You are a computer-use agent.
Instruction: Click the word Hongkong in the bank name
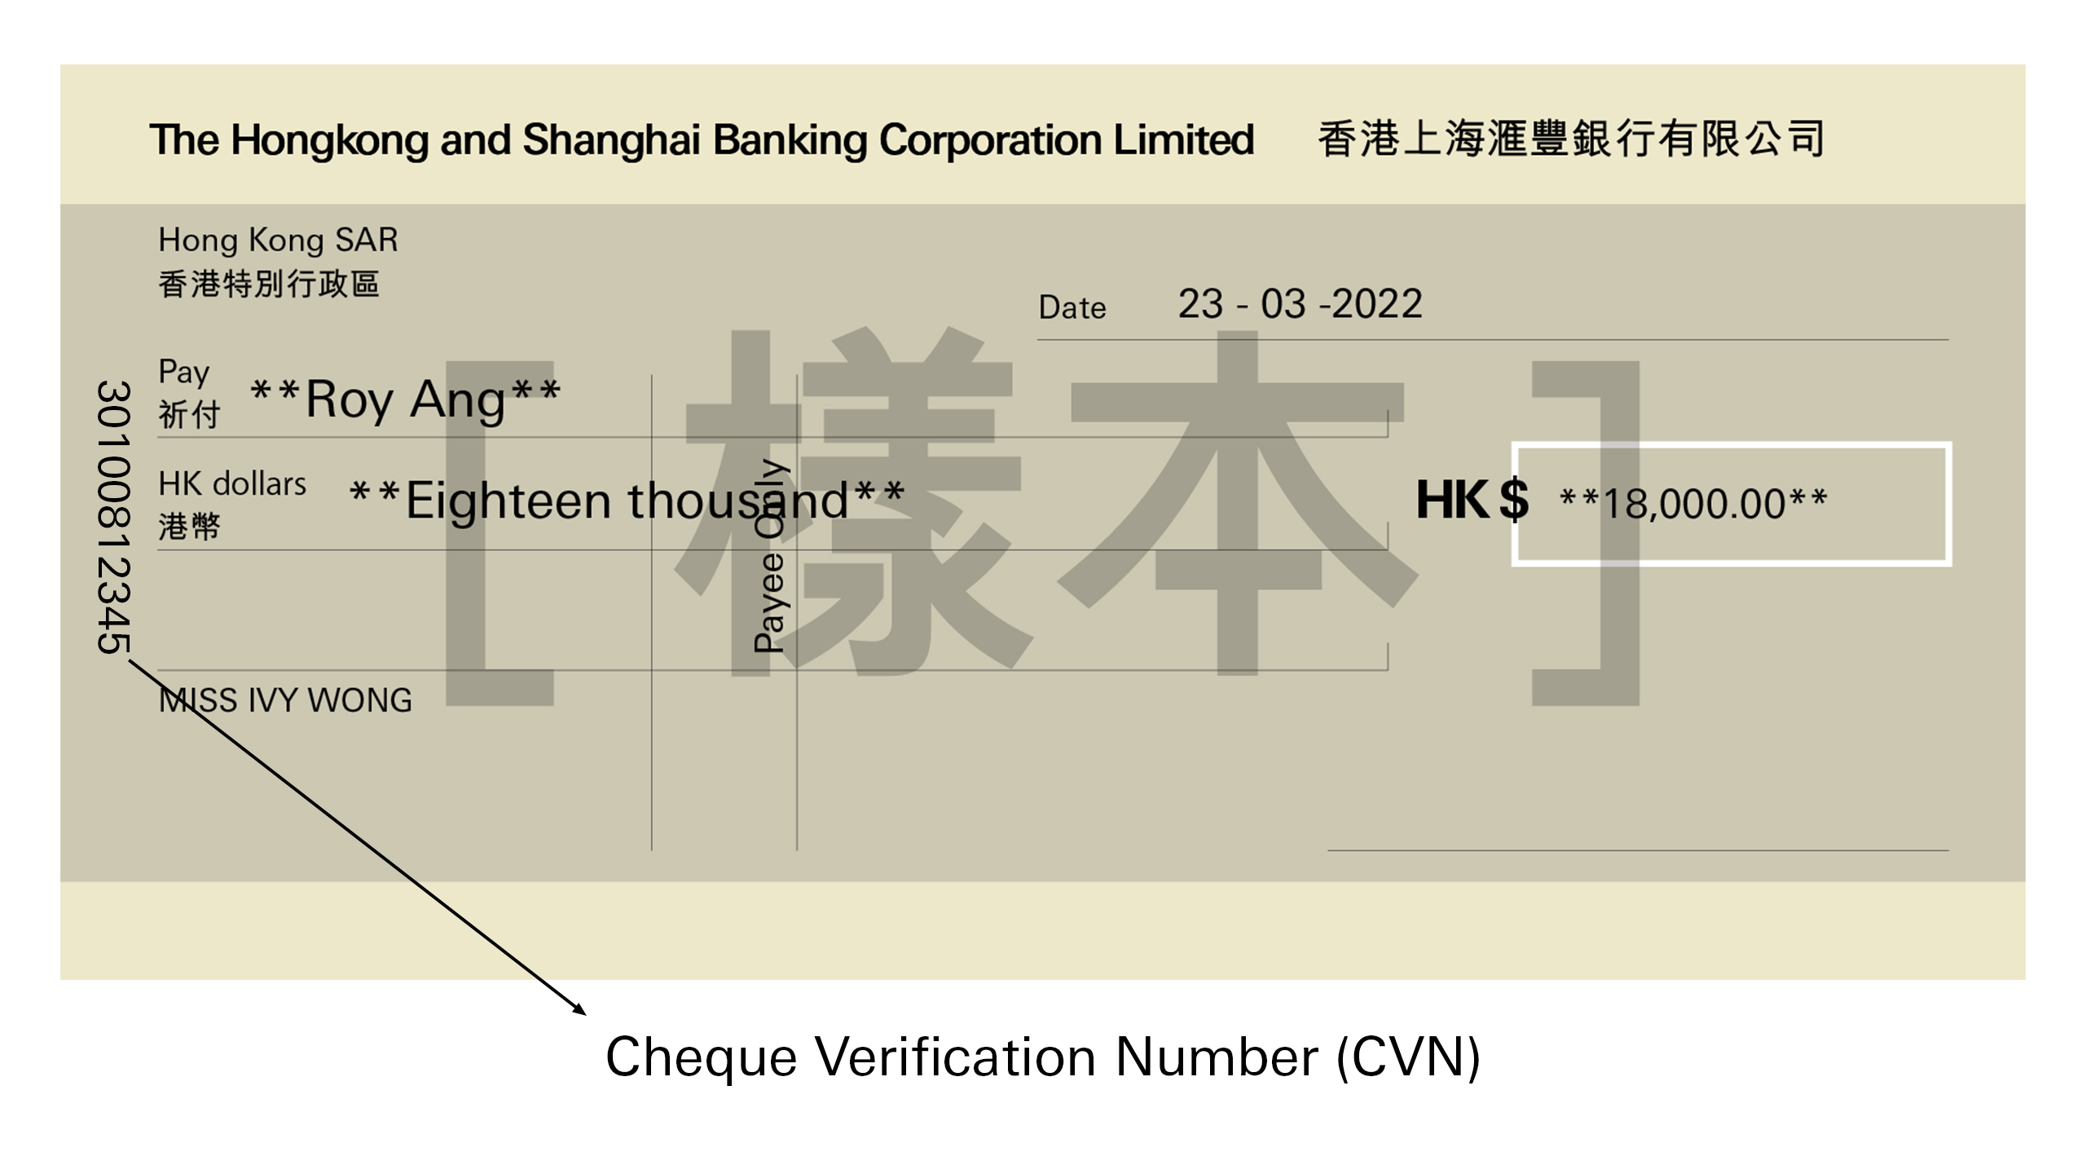329,140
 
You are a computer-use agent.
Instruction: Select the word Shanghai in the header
611,140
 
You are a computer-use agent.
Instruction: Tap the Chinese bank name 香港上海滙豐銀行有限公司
1570,139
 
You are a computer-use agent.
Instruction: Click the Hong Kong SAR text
278,240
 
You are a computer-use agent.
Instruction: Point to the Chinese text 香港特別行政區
269,285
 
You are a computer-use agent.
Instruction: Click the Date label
1072,308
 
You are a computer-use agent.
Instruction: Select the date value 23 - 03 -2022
1300,304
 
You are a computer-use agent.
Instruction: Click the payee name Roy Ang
406,399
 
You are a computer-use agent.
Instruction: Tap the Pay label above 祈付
184,373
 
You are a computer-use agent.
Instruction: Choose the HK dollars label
232,483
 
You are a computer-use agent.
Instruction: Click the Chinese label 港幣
189,527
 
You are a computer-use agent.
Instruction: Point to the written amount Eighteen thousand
627,500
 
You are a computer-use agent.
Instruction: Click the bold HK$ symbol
1472,500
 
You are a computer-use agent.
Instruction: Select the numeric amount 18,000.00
1694,504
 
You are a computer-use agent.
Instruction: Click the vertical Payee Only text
769,556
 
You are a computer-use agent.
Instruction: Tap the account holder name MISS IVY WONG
285,700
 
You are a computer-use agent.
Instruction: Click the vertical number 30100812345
113,517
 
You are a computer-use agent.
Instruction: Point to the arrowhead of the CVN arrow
580,1010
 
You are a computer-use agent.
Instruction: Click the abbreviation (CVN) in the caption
1408,1057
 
